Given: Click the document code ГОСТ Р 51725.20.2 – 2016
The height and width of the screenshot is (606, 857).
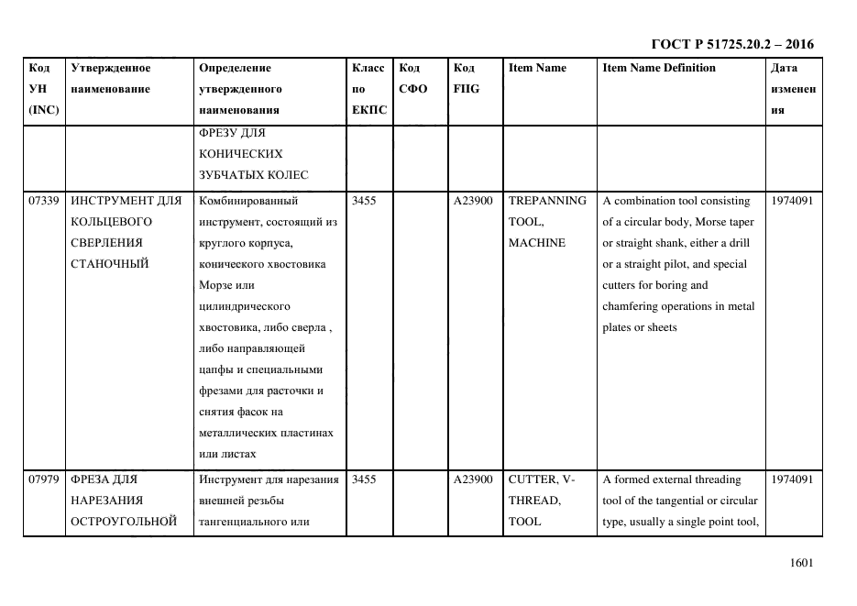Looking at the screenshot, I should [x=731, y=43].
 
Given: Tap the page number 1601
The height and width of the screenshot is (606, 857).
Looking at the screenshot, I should [x=801, y=564].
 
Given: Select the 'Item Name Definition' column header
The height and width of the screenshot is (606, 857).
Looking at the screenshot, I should [x=658, y=68].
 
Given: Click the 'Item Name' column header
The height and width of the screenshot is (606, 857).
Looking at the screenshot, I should [x=537, y=68].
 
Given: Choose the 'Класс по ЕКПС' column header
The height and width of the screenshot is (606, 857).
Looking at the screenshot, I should [x=368, y=89].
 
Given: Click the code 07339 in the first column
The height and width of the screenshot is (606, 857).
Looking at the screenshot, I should [x=44, y=201].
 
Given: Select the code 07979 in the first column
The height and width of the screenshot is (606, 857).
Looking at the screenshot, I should [x=44, y=479].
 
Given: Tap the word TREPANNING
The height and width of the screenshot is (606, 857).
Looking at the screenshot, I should [x=547, y=201].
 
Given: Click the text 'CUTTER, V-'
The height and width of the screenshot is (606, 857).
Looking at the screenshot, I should [x=542, y=479].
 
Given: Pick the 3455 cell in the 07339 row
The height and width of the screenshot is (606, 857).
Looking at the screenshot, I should [x=364, y=201].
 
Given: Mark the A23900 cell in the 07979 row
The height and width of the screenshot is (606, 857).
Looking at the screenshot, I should [x=473, y=479].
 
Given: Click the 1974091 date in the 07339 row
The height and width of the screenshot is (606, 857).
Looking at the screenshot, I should [x=792, y=201].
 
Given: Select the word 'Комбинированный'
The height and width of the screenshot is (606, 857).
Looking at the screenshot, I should [x=247, y=201].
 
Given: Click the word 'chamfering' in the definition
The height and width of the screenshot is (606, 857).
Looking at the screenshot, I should [x=633, y=306].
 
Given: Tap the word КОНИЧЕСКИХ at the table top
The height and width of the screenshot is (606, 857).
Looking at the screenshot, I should [x=240, y=154].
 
